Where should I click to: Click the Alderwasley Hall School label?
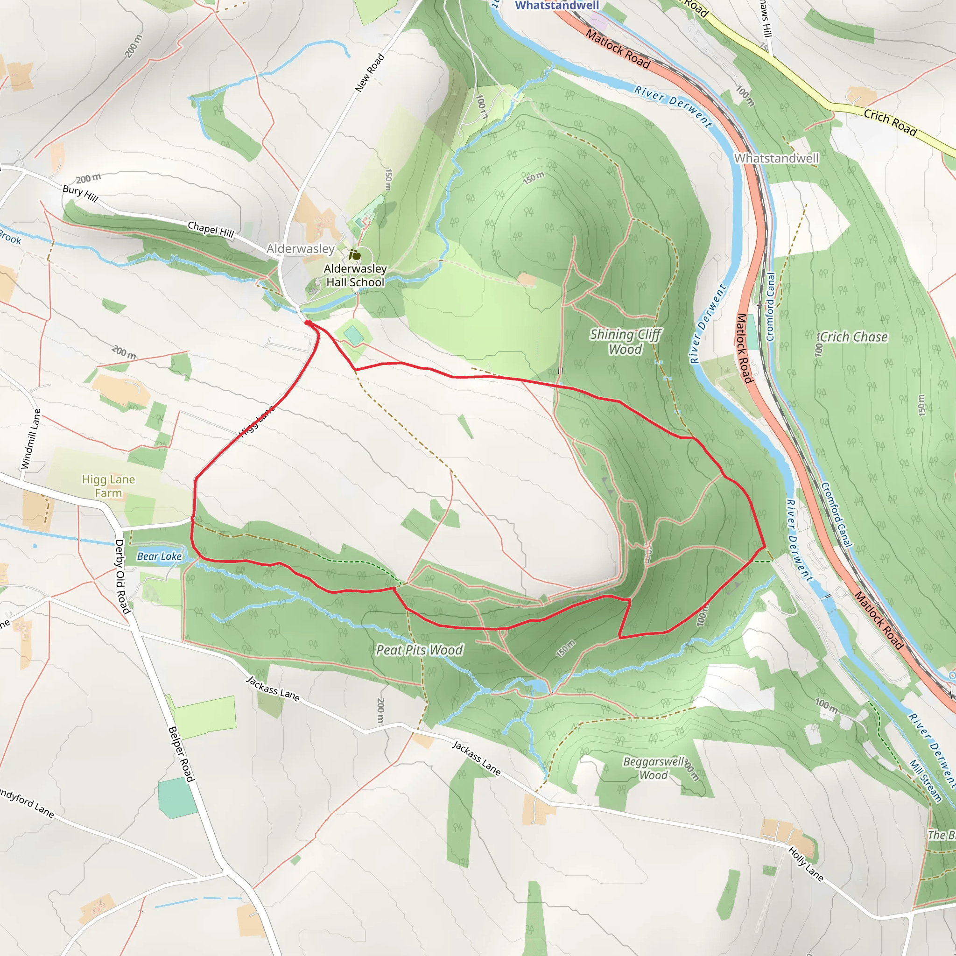pyautogui.click(x=355, y=275)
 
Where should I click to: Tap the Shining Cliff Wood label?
pyautogui.click(x=625, y=342)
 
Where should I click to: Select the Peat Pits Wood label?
pyautogui.click(x=419, y=650)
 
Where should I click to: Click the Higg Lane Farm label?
pyautogui.click(x=108, y=486)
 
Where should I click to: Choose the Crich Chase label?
pyautogui.click(x=854, y=337)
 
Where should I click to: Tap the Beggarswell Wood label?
pyautogui.click(x=654, y=768)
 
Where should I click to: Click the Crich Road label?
pyautogui.click(x=890, y=122)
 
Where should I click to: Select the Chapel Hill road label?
pyautogui.click(x=211, y=229)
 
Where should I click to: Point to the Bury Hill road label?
pyautogui.click(x=80, y=193)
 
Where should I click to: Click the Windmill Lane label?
pyautogui.click(x=31, y=439)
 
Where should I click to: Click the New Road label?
pyautogui.click(x=370, y=73)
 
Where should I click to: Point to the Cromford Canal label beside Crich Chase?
pyautogui.click(x=770, y=307)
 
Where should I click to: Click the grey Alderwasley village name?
pyautogui.click(x=300, y=248)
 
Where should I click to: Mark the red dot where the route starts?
pyautogui.click(x=308, y=323)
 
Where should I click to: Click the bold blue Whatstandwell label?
pyautogui.click(x=557, y=5)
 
